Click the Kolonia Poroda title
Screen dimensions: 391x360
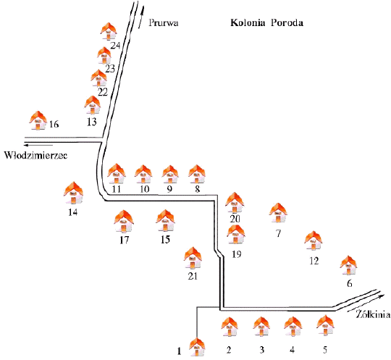point(266,22)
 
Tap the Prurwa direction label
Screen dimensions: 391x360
point(164,22)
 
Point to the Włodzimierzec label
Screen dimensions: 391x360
point(36,155)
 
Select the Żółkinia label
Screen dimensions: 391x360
point(373,314)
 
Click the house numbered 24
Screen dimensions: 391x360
point(109,31)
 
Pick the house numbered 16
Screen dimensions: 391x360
point(38,120)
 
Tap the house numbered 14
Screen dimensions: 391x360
point(73,193)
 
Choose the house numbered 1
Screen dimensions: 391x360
point(197,347)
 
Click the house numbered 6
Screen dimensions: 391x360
point(348,265)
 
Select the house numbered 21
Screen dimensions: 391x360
point(193,258)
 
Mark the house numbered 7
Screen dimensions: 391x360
point(278,213)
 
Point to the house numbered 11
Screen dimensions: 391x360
point(117,174)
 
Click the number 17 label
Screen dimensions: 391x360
point(125,240)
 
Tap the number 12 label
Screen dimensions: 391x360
point(314,261)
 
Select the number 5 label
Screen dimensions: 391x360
point(325,350)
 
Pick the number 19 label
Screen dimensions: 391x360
point(236,254)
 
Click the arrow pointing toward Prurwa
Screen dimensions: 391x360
point(141,17)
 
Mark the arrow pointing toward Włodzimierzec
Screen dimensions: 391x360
point(38,145)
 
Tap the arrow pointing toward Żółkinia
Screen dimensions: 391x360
point(366,303)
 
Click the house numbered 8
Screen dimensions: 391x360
point(197,174)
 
